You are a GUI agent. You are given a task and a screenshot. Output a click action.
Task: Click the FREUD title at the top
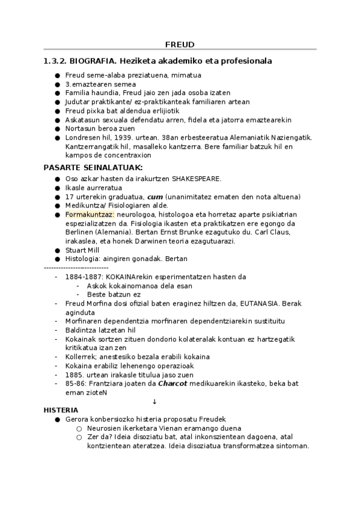[180, 44]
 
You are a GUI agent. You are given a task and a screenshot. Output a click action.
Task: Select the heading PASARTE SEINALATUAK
[93, 167]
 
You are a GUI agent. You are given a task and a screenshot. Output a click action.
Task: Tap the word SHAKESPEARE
[197, 178]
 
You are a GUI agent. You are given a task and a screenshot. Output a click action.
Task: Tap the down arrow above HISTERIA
[155, 401]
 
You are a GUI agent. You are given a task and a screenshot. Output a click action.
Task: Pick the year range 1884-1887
[84, 277]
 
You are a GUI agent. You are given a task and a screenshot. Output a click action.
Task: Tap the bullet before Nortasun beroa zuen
[57, 129]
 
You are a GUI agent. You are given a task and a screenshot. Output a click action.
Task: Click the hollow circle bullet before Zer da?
[79, 437]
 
